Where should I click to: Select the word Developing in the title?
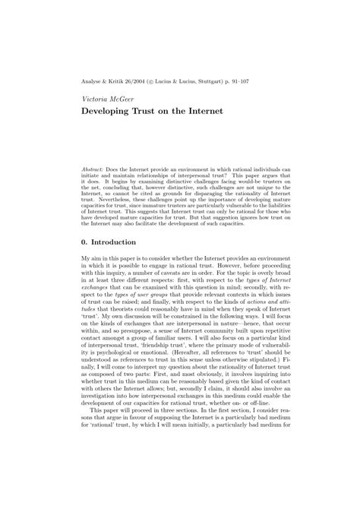pos(106,110)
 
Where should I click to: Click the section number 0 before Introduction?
pos(84,242)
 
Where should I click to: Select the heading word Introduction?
pos(114,242)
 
